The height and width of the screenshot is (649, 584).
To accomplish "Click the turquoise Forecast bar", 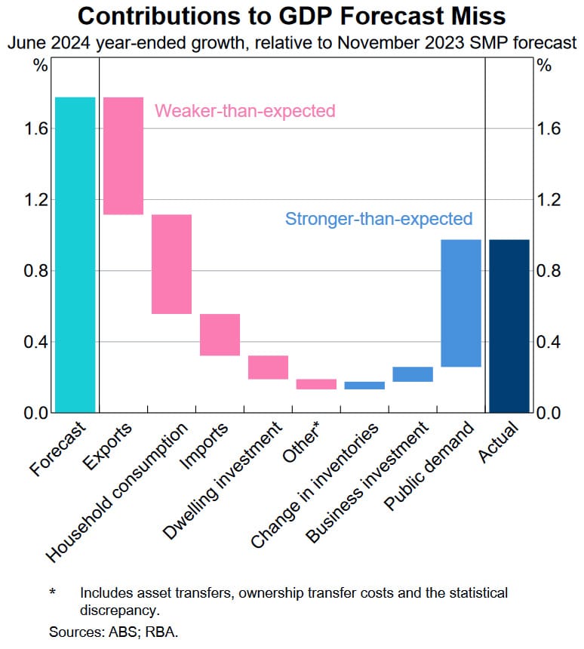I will pos(75,254).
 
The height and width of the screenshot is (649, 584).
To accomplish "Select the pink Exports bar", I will pos(123,155).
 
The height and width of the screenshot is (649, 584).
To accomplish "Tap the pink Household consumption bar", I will pos(171,264).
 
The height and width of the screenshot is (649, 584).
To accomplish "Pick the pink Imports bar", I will pos(220,334).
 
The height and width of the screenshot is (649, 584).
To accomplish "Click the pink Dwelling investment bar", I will pos(268,368).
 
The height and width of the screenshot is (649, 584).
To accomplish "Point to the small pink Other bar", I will pos(316,384).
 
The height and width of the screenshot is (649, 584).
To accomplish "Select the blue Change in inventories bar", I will pos(364,386).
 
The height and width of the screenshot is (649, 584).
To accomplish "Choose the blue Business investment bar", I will pos(413,374).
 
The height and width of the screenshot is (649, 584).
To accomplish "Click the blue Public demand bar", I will pos(461,303).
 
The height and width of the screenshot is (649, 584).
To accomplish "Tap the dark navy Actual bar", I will pos(509,326).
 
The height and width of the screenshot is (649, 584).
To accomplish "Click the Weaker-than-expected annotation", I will pos(244,112).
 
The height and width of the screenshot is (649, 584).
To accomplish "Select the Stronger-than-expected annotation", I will pos(379,219).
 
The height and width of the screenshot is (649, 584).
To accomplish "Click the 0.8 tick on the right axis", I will pos(549,271).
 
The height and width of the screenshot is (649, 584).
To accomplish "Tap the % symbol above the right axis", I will pos(543,65).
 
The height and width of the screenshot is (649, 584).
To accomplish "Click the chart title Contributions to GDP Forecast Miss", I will pos(291,16).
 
